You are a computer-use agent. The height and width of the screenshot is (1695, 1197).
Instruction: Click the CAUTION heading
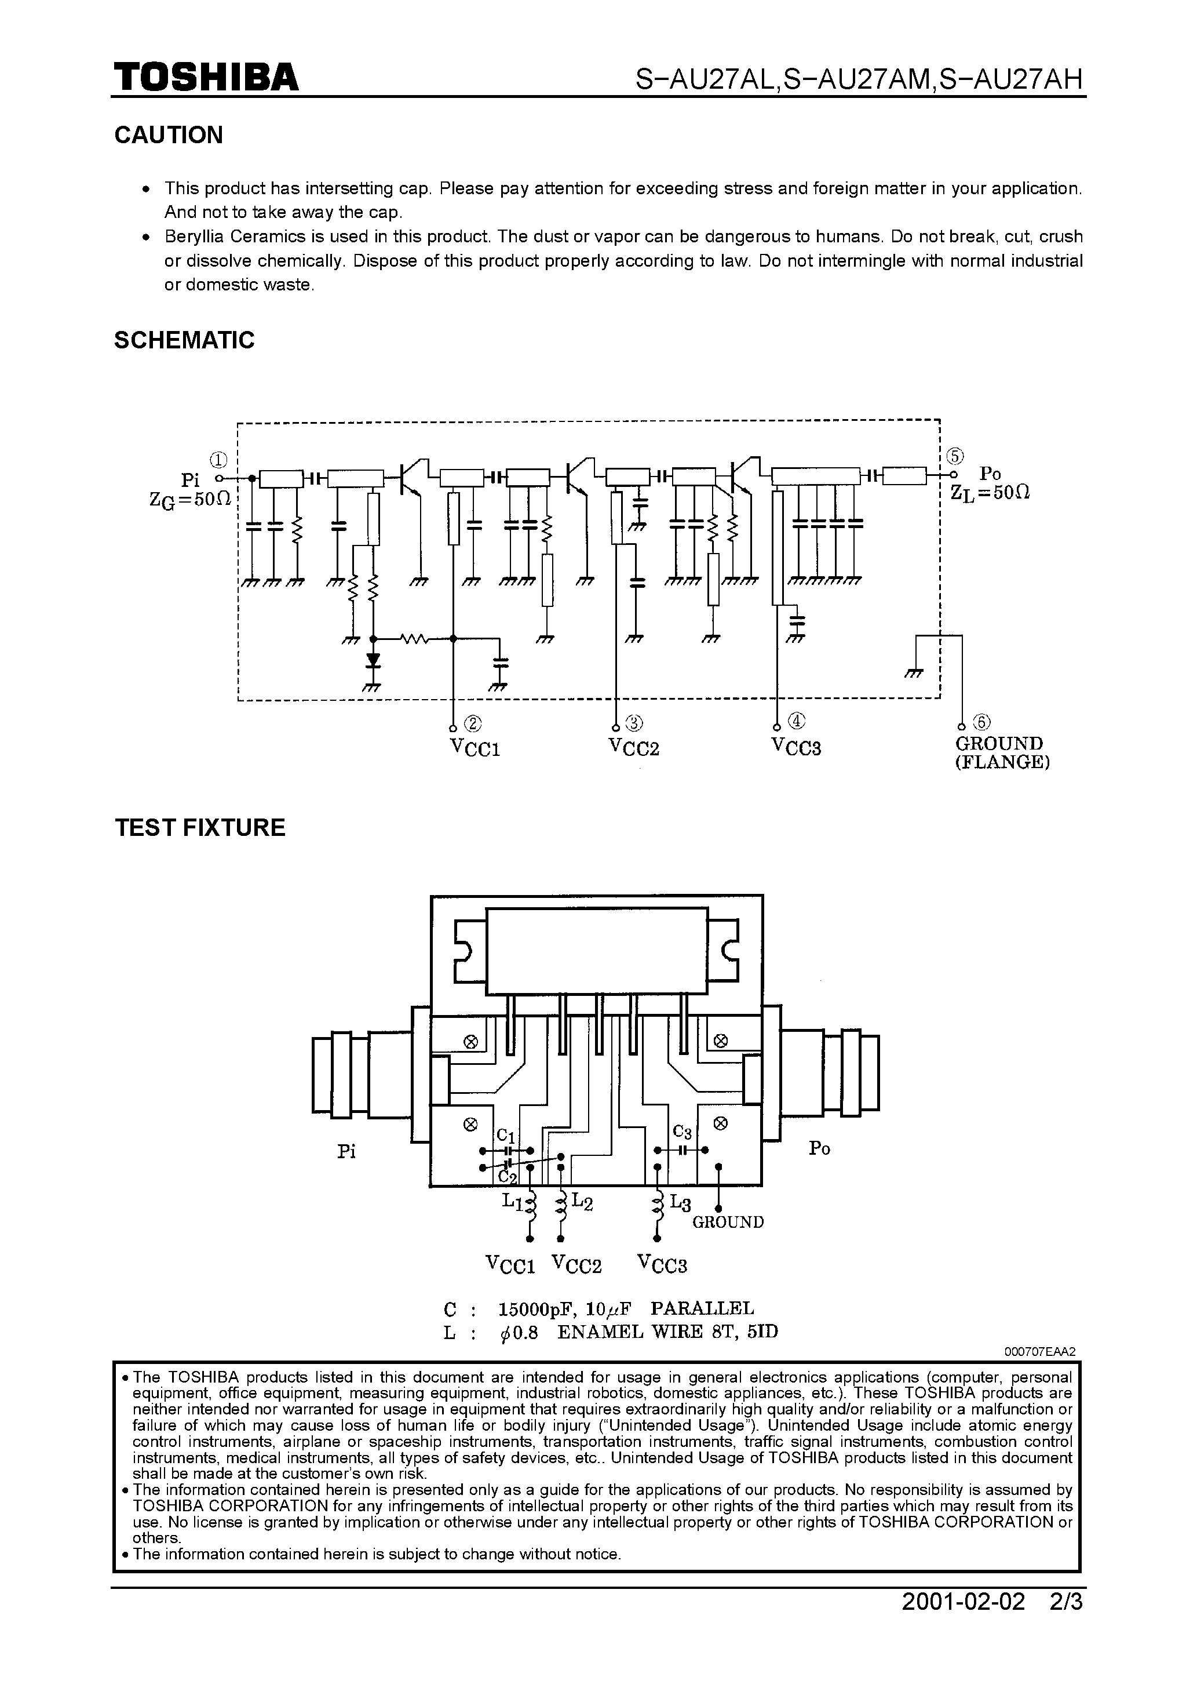pos(168,135)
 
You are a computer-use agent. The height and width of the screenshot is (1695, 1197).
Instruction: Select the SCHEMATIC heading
pos(184,340)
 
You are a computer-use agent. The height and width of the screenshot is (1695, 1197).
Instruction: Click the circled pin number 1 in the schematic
pos(218,460)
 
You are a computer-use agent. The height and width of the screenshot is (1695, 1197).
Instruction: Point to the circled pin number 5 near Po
pos(955,456)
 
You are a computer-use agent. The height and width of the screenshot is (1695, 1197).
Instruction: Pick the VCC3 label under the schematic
pos(796,747)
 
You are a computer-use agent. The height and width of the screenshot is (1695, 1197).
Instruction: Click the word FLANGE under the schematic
pos(1002,763)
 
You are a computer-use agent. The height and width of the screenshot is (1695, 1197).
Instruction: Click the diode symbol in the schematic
pos(374,659)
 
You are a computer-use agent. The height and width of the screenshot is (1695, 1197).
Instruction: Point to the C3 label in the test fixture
pos(682,1132)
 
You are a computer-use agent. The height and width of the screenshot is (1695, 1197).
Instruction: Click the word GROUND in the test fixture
pos(728,1222)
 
